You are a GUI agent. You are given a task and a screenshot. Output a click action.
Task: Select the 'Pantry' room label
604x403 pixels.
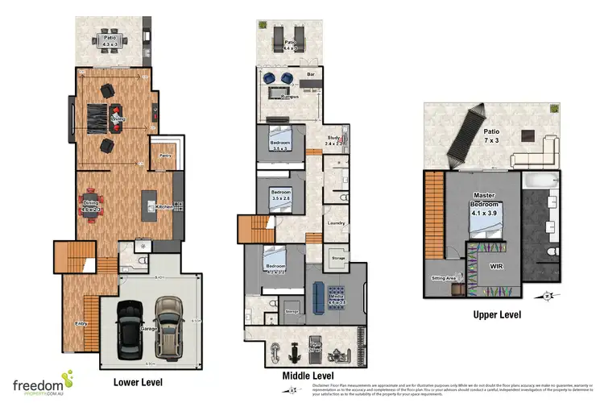click(x=165, y=156)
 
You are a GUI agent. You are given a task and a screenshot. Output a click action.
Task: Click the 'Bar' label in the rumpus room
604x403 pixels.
click(x=311, y=75)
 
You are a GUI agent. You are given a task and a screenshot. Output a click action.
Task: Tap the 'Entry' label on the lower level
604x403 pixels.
click(x=81, y=323)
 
